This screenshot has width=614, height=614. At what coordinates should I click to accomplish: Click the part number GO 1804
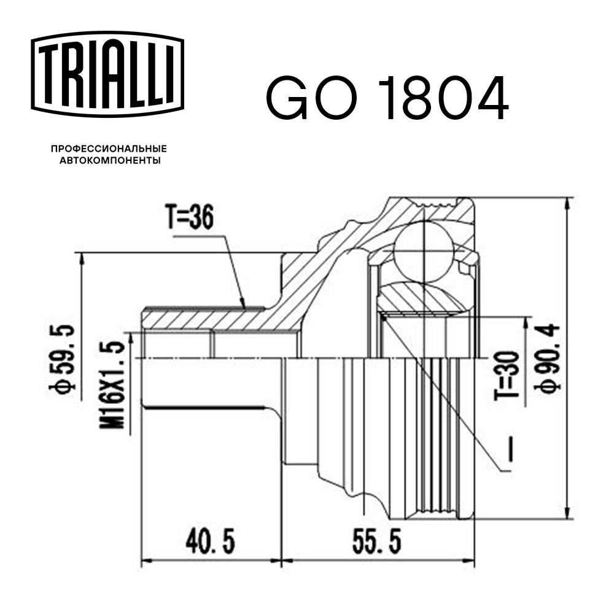tap(387, 98)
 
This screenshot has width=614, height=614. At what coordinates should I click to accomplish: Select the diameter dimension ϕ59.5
tap(67, 357)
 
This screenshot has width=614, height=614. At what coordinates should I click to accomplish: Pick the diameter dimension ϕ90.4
tap(548, 357)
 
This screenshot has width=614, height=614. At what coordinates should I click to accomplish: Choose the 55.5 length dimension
tap(376, 542)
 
